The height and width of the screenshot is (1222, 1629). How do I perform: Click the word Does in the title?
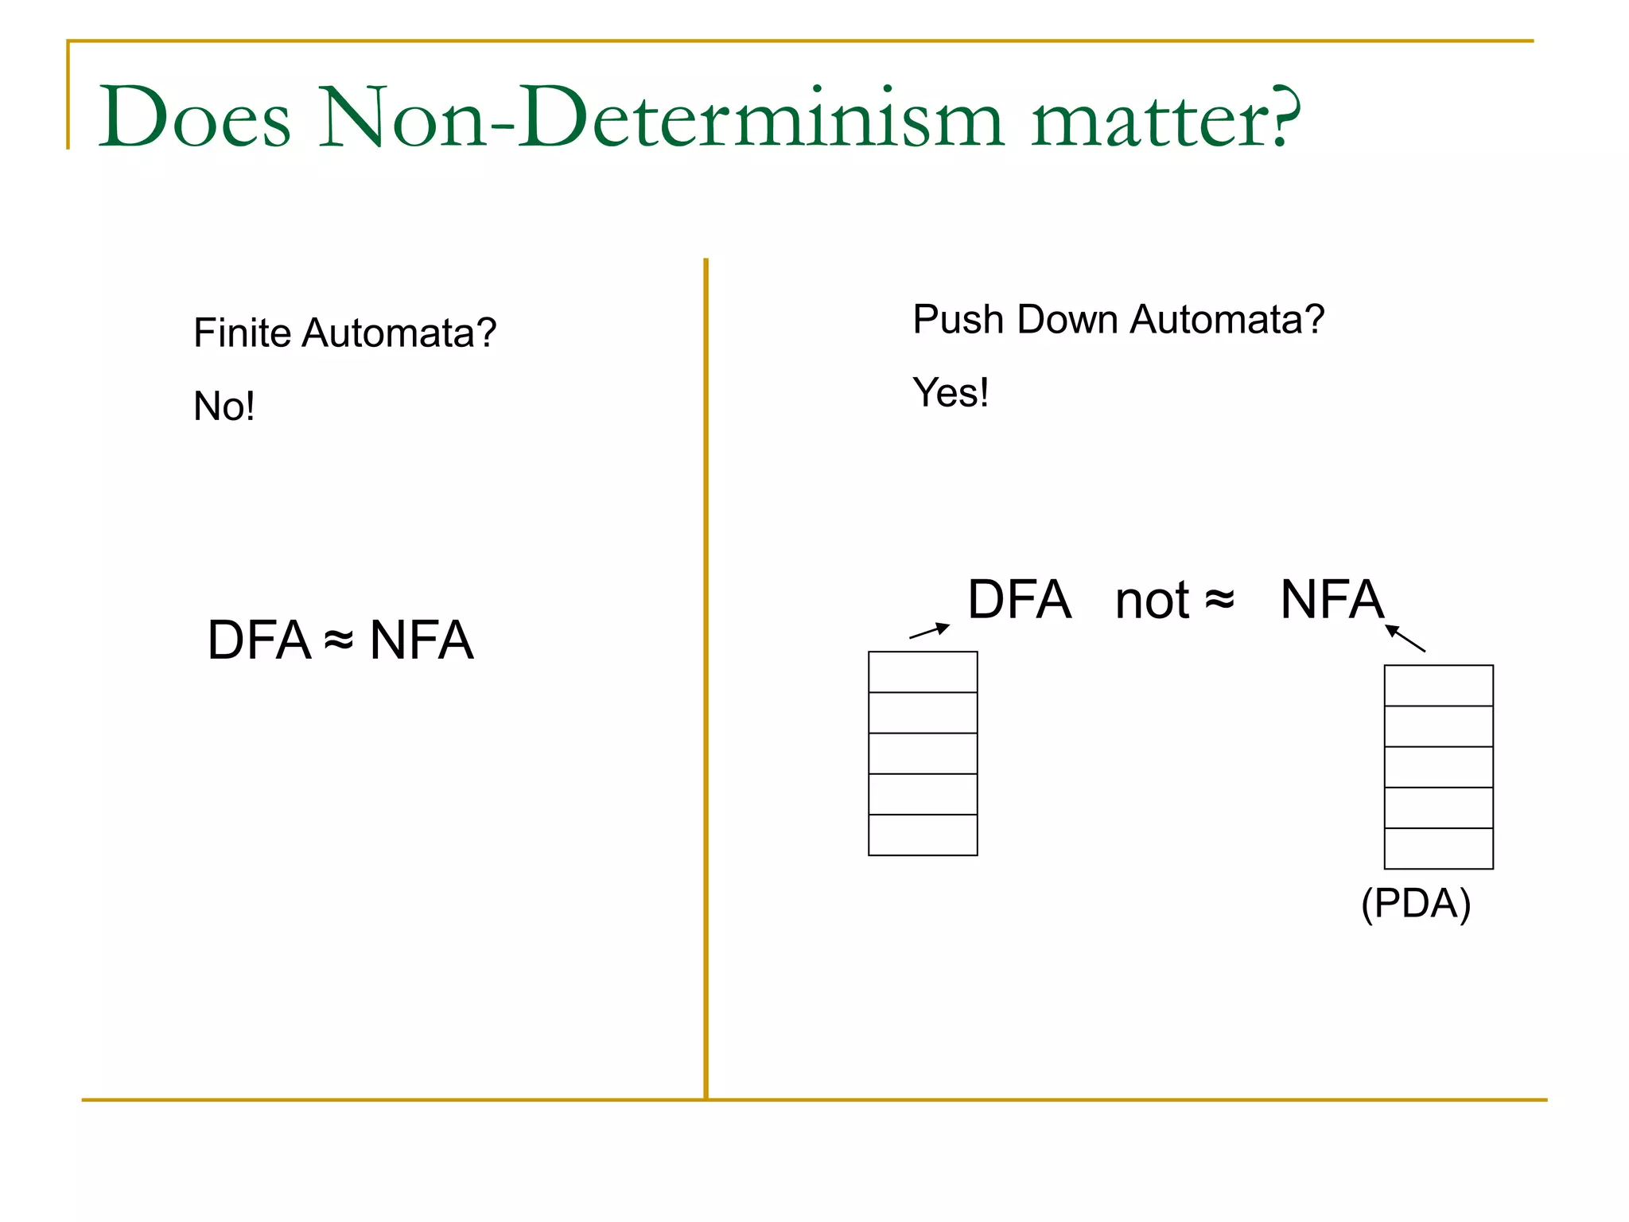194,117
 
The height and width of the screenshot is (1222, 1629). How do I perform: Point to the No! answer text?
224,407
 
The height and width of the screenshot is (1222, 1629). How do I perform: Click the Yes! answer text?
951,392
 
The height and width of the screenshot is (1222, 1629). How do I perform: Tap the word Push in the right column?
958,320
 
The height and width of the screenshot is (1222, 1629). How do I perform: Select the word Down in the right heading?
1068,320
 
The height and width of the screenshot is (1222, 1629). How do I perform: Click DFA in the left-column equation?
259,640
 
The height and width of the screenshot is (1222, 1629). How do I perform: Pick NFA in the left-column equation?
422,640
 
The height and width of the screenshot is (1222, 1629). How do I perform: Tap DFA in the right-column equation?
1019,599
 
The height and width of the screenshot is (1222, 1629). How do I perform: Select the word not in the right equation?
1152,601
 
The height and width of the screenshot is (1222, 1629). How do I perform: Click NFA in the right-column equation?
1332,599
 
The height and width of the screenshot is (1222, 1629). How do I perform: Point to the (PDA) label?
1416,903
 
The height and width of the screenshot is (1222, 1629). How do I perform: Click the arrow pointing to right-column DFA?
929,631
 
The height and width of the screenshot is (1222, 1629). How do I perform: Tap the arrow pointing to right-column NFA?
1405,638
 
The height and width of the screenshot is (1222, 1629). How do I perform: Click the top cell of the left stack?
923,672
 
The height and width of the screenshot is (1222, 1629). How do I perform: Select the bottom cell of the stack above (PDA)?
1438,848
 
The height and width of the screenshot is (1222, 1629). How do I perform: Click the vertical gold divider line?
706,676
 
